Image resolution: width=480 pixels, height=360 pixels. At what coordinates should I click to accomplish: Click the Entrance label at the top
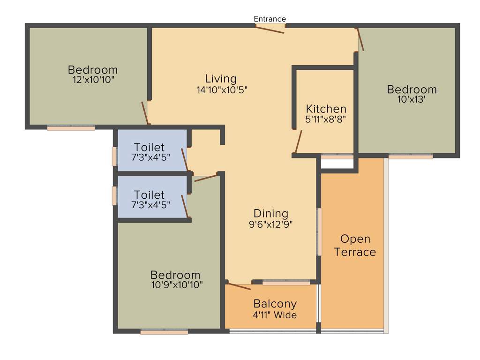270,19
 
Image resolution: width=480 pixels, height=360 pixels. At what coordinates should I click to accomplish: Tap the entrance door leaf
270,29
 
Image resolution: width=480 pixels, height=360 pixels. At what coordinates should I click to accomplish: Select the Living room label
221,79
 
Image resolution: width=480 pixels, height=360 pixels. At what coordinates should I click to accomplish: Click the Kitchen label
326,109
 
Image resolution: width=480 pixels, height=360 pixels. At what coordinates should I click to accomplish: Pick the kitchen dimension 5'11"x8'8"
326,120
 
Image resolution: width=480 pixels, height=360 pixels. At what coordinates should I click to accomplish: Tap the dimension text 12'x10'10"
93,80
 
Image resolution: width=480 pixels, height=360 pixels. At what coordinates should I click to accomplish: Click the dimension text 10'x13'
406,99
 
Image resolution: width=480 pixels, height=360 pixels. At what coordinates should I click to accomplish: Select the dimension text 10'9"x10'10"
176,285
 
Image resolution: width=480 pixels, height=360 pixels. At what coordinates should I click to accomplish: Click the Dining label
271,214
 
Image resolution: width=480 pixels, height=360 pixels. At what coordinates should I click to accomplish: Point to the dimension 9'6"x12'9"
271,224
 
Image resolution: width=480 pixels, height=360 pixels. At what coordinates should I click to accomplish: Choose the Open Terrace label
355,246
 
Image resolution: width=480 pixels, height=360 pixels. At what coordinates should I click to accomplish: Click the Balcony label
275,304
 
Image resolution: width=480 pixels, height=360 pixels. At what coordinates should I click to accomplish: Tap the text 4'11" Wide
275,315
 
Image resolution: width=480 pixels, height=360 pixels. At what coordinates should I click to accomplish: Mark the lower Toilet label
149,195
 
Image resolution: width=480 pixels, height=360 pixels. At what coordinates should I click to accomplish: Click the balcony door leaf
239,286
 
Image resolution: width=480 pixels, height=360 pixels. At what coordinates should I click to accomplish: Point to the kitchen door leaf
297,142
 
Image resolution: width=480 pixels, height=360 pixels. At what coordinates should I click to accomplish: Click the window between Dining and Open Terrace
320,232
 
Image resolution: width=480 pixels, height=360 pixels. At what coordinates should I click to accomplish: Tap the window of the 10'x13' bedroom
411,157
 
